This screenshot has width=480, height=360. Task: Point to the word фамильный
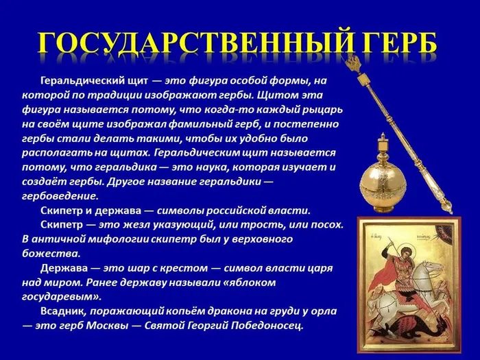tap(191, 124)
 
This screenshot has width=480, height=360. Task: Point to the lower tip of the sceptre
tap(449, 208)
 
